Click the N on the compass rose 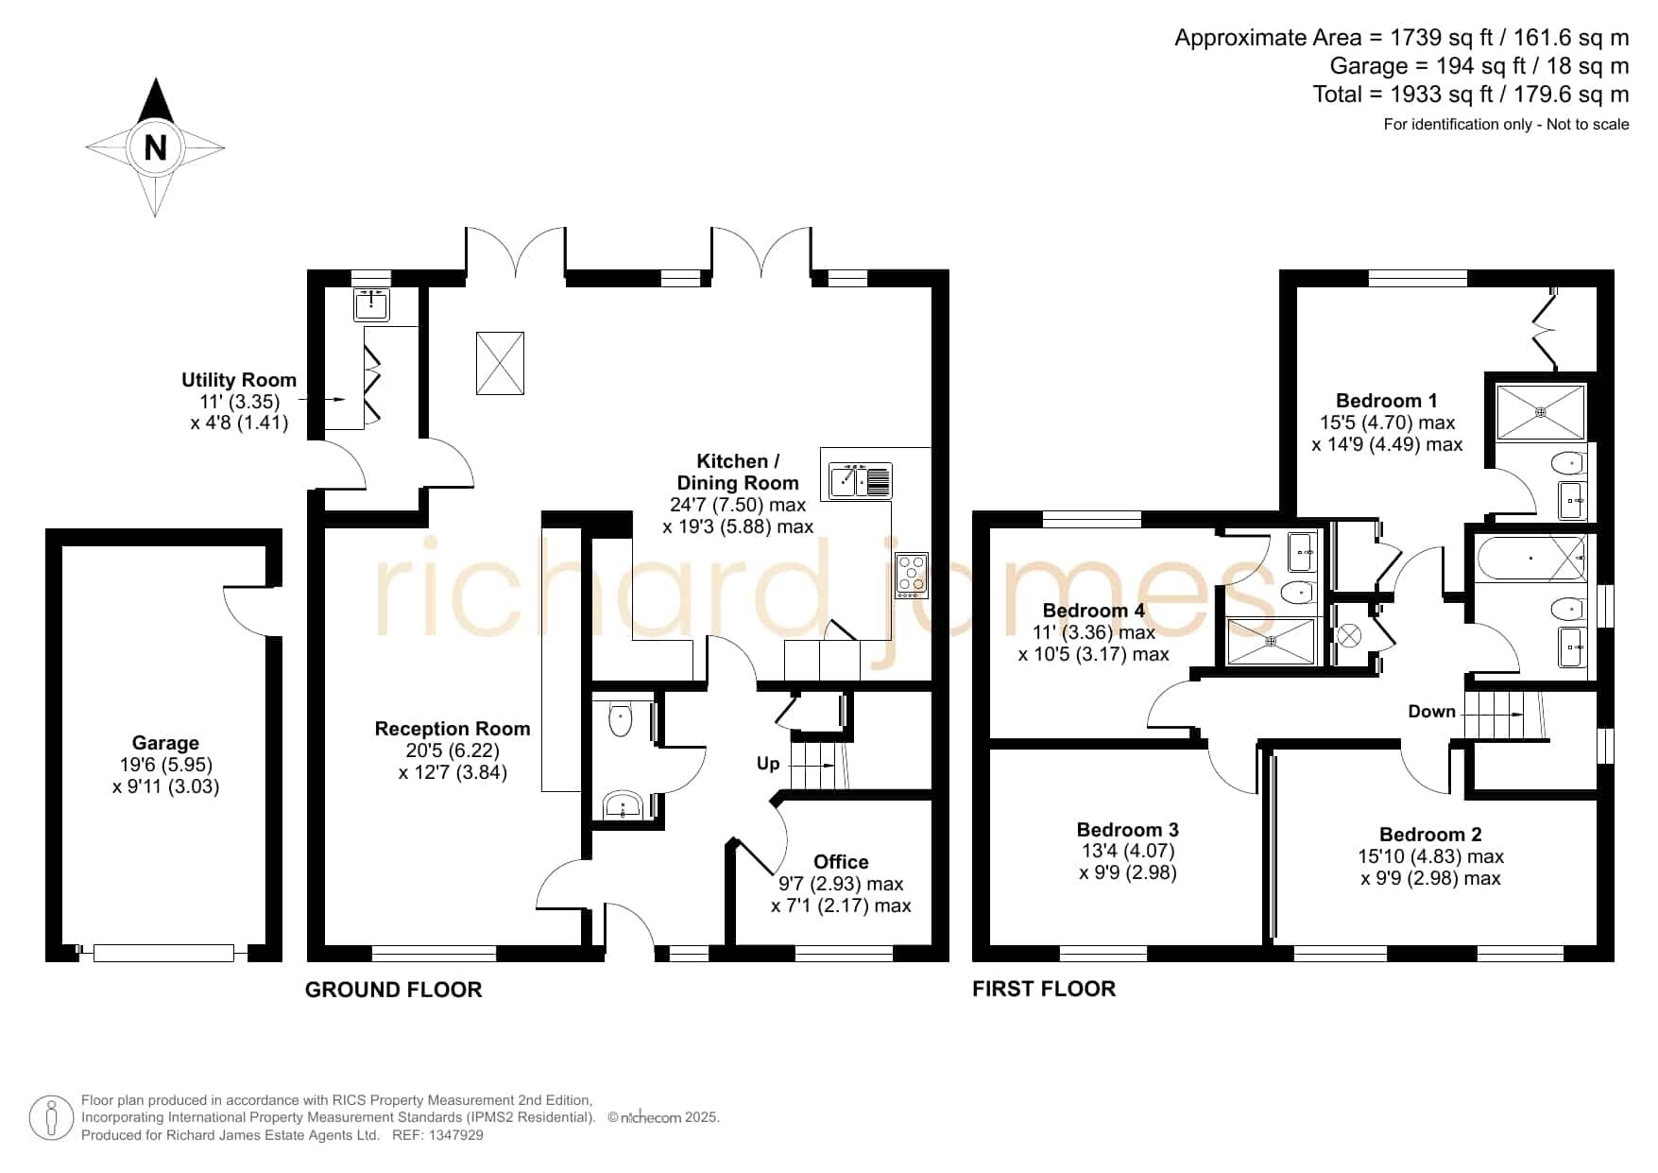click(x=155, y=147)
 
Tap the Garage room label click(x=165, y=743)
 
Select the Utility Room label click(x=239, y=380)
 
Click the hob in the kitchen click(x=912, y=576)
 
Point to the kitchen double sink click(x=861, y=480)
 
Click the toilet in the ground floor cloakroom click(x=620, y=719)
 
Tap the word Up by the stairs click(x=768, y=763)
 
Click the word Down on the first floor click(x=1431, y=712)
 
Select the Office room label click(x=841, y=862)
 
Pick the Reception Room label click(x=453, y=729)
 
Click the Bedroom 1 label click(x=1387, y=401)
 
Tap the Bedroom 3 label click(x=1128, y=830)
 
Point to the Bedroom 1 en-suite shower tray click(x=1541, y=411)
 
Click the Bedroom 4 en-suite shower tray click(x=1271, y=641)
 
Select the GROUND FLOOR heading click(x=394, y=990)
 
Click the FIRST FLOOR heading click(x=1044, y=989)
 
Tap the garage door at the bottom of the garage click(x=163, y=953)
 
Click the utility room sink click(x=371, y=304)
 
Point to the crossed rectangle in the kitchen click(x=500, y=363)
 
